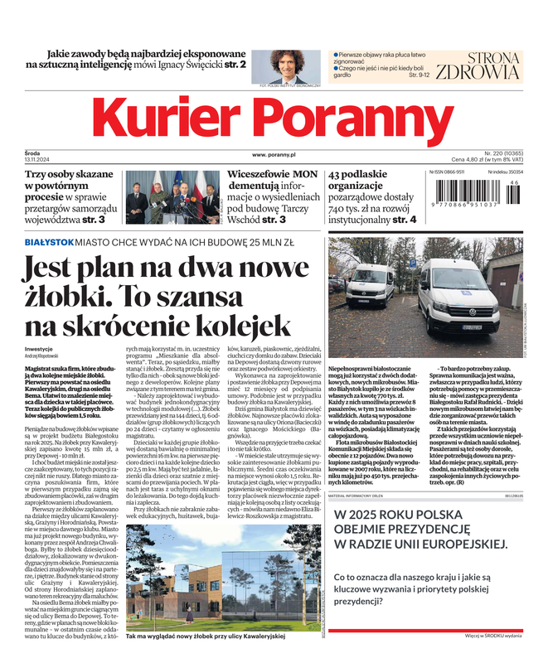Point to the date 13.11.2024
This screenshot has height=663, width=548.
[38, 160]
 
